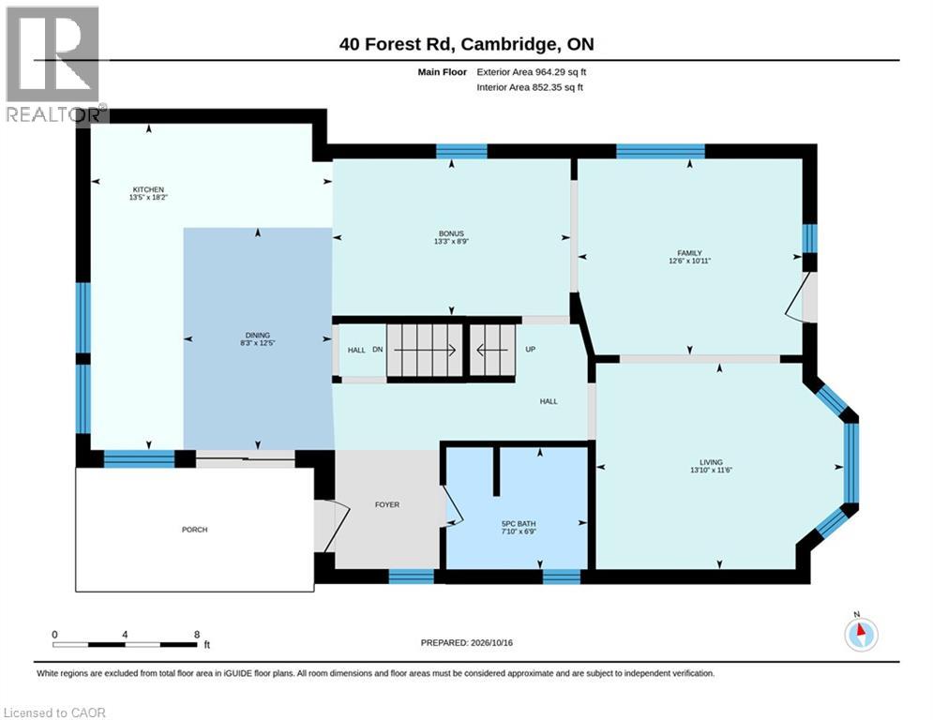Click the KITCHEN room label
(x=148, y=189)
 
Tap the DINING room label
(x=258, y=335)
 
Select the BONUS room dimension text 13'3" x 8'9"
(x=452, y=242)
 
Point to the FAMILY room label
(x=689, y=253)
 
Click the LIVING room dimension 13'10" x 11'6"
(x=711, y=470)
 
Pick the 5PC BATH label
(x=519, y=524)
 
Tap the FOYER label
(x=387, y=504)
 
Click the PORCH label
(x=195, y=530)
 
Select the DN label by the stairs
(x=378, y=350)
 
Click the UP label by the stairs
(x=531, y=350)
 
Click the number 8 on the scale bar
(x=197, y=635)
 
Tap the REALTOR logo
(x=54, y=65)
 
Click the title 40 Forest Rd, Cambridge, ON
(x=467, y=44)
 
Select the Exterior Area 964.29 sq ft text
(x=532, y=72)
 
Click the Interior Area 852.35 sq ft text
(x=530, y=87)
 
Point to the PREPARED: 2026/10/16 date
(x=467, y=642)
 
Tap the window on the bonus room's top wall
(x=461, y=151)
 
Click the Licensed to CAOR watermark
(x=54, y=712)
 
